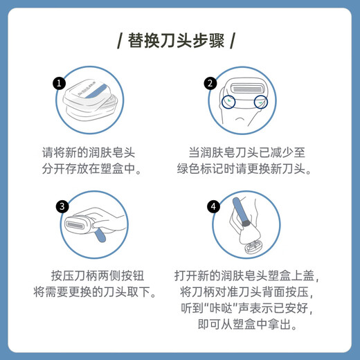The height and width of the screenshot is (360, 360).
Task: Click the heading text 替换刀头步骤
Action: pyautogui.click(x=180, y=39)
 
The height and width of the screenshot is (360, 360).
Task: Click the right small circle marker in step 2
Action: pyautogui.click(x=261, y=102)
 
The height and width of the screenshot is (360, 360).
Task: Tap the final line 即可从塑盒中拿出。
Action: pyautogui.click(x=244, y=325)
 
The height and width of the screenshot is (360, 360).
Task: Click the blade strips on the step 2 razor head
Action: pyautogui.click(x=244, y=90)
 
